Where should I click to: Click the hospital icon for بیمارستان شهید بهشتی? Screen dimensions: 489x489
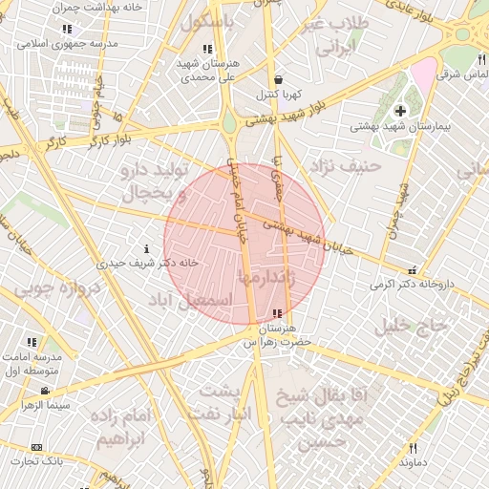[x=400, y=112]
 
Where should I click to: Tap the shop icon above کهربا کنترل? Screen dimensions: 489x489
[x=277, y=80]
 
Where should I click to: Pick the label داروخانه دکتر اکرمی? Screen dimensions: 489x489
[x=409, y=284]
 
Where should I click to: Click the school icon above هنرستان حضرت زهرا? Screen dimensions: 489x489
[x=277, y=313]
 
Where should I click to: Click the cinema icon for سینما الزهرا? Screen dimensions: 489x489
[x=45, y=391]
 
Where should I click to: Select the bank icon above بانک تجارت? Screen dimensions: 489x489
[x=37, y=447]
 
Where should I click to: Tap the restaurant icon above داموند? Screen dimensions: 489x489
[x=413, y=447]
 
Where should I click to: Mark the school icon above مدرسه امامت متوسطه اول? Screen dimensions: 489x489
[x=32, y=341]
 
